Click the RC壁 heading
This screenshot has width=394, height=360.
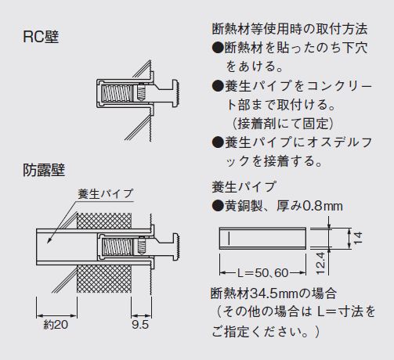click(41, 37)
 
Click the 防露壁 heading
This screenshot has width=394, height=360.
click(44, 170)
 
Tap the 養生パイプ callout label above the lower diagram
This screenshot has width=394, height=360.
click(106, 194)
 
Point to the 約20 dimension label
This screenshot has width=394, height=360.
click(56, 325)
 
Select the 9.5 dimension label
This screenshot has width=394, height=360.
click(140, 325)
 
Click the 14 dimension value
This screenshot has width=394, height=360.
click(358, 238)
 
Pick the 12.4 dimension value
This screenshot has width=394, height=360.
click(320, 263)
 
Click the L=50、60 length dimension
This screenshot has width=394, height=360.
click(262, 273)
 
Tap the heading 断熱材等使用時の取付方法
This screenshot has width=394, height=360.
click(290, 29)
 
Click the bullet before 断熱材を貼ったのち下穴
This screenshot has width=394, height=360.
click(218, 48)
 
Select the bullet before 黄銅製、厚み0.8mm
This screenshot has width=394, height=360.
click(218, 206)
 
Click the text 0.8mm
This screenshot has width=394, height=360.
click(323, 206)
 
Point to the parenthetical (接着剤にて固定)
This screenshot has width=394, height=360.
click(283, 124)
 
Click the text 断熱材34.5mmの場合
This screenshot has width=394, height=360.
click(273, 293)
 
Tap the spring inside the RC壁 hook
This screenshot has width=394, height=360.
click(117, 93)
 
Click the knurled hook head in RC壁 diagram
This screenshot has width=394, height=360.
click(175, 93)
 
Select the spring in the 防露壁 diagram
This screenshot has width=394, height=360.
click(117, 247)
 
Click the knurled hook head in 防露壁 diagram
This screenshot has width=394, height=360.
click(175, 247)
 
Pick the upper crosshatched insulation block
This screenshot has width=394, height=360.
click(104, 221)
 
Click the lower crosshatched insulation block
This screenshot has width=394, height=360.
click(104, 279)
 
